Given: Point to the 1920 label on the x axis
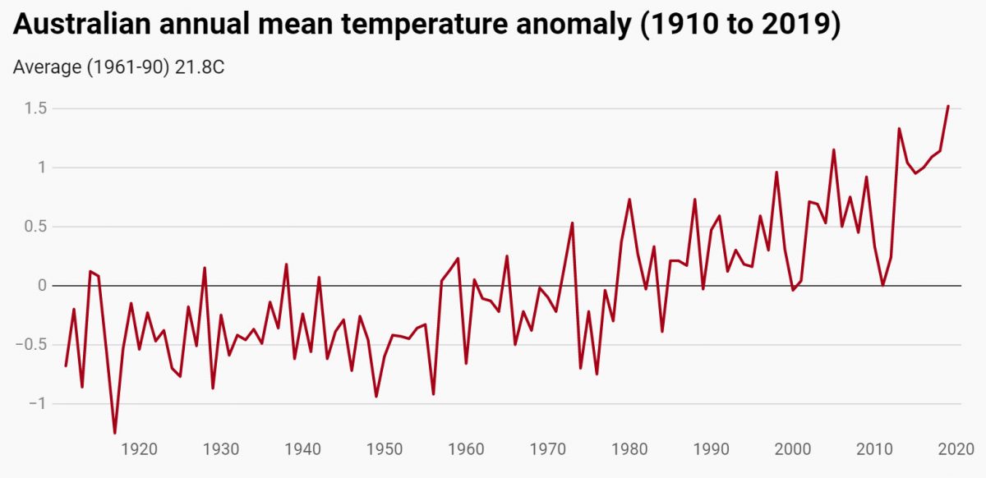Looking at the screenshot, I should (140, 449).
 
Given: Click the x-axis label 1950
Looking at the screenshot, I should (385, 449).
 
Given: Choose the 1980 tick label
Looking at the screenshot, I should (629, 449).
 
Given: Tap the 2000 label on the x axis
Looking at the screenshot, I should (793, 449).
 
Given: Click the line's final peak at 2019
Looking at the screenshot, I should (948, 106).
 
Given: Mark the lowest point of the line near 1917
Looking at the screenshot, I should (115, 433).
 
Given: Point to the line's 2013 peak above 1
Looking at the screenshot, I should (899, 129).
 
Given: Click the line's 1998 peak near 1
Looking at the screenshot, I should (776, 172).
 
